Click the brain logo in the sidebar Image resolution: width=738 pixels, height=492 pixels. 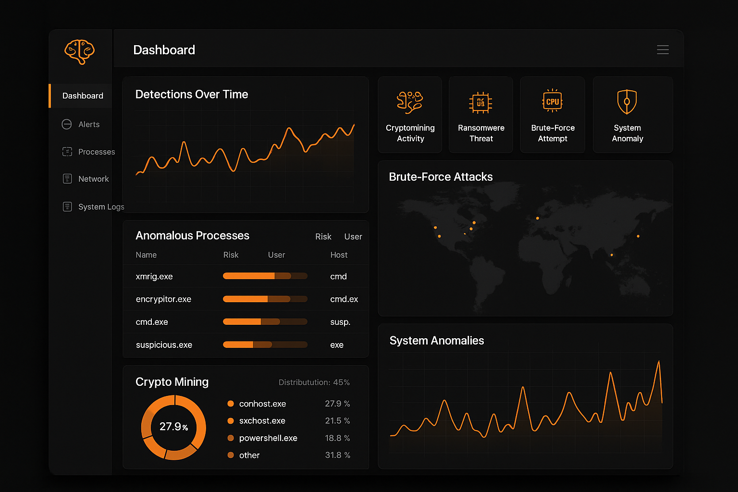(80, 51)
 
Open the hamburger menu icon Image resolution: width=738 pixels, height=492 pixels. (663, 50)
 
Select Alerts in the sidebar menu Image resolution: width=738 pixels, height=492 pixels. (89, 124)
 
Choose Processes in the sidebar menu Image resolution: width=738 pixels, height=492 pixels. (96, 152)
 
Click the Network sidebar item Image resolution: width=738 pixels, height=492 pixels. (93, 179)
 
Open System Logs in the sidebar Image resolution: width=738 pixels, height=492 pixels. (101, 207)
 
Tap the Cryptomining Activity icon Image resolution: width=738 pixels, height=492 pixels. (410, 102)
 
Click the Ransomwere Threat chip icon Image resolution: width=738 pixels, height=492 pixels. (480, 102)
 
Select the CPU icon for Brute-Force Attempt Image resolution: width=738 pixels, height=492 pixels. (553, 101)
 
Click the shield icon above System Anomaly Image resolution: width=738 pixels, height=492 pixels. (627, 102)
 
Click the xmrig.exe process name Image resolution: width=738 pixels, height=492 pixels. (154, 276)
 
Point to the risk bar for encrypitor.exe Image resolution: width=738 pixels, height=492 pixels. (265, 299)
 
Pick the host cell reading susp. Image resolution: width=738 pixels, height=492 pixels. (340, 322)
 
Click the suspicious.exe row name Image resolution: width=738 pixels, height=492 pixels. (164, 345)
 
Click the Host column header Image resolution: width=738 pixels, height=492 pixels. (339, 255)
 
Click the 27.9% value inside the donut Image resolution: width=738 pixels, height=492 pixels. (173, 427)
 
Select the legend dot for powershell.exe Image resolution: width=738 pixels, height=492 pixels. (231, 438)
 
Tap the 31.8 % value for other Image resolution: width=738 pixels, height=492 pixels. (337, 455)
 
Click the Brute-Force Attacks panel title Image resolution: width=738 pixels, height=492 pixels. (441, 177)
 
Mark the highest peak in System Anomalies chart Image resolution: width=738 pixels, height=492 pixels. (659, 362)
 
